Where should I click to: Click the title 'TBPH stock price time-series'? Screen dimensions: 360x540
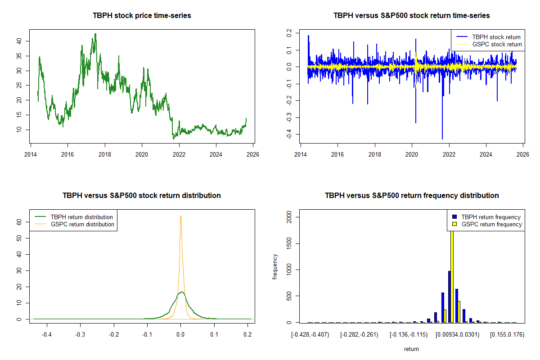[x=142, y=16]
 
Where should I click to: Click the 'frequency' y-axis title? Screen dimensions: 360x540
[x=275, y=266]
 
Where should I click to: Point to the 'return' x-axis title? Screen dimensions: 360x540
[x=411, y=349]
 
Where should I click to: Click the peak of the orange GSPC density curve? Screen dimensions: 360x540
[x=180, y=216]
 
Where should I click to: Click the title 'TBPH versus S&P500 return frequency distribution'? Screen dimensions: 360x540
[x=411, y=196]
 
